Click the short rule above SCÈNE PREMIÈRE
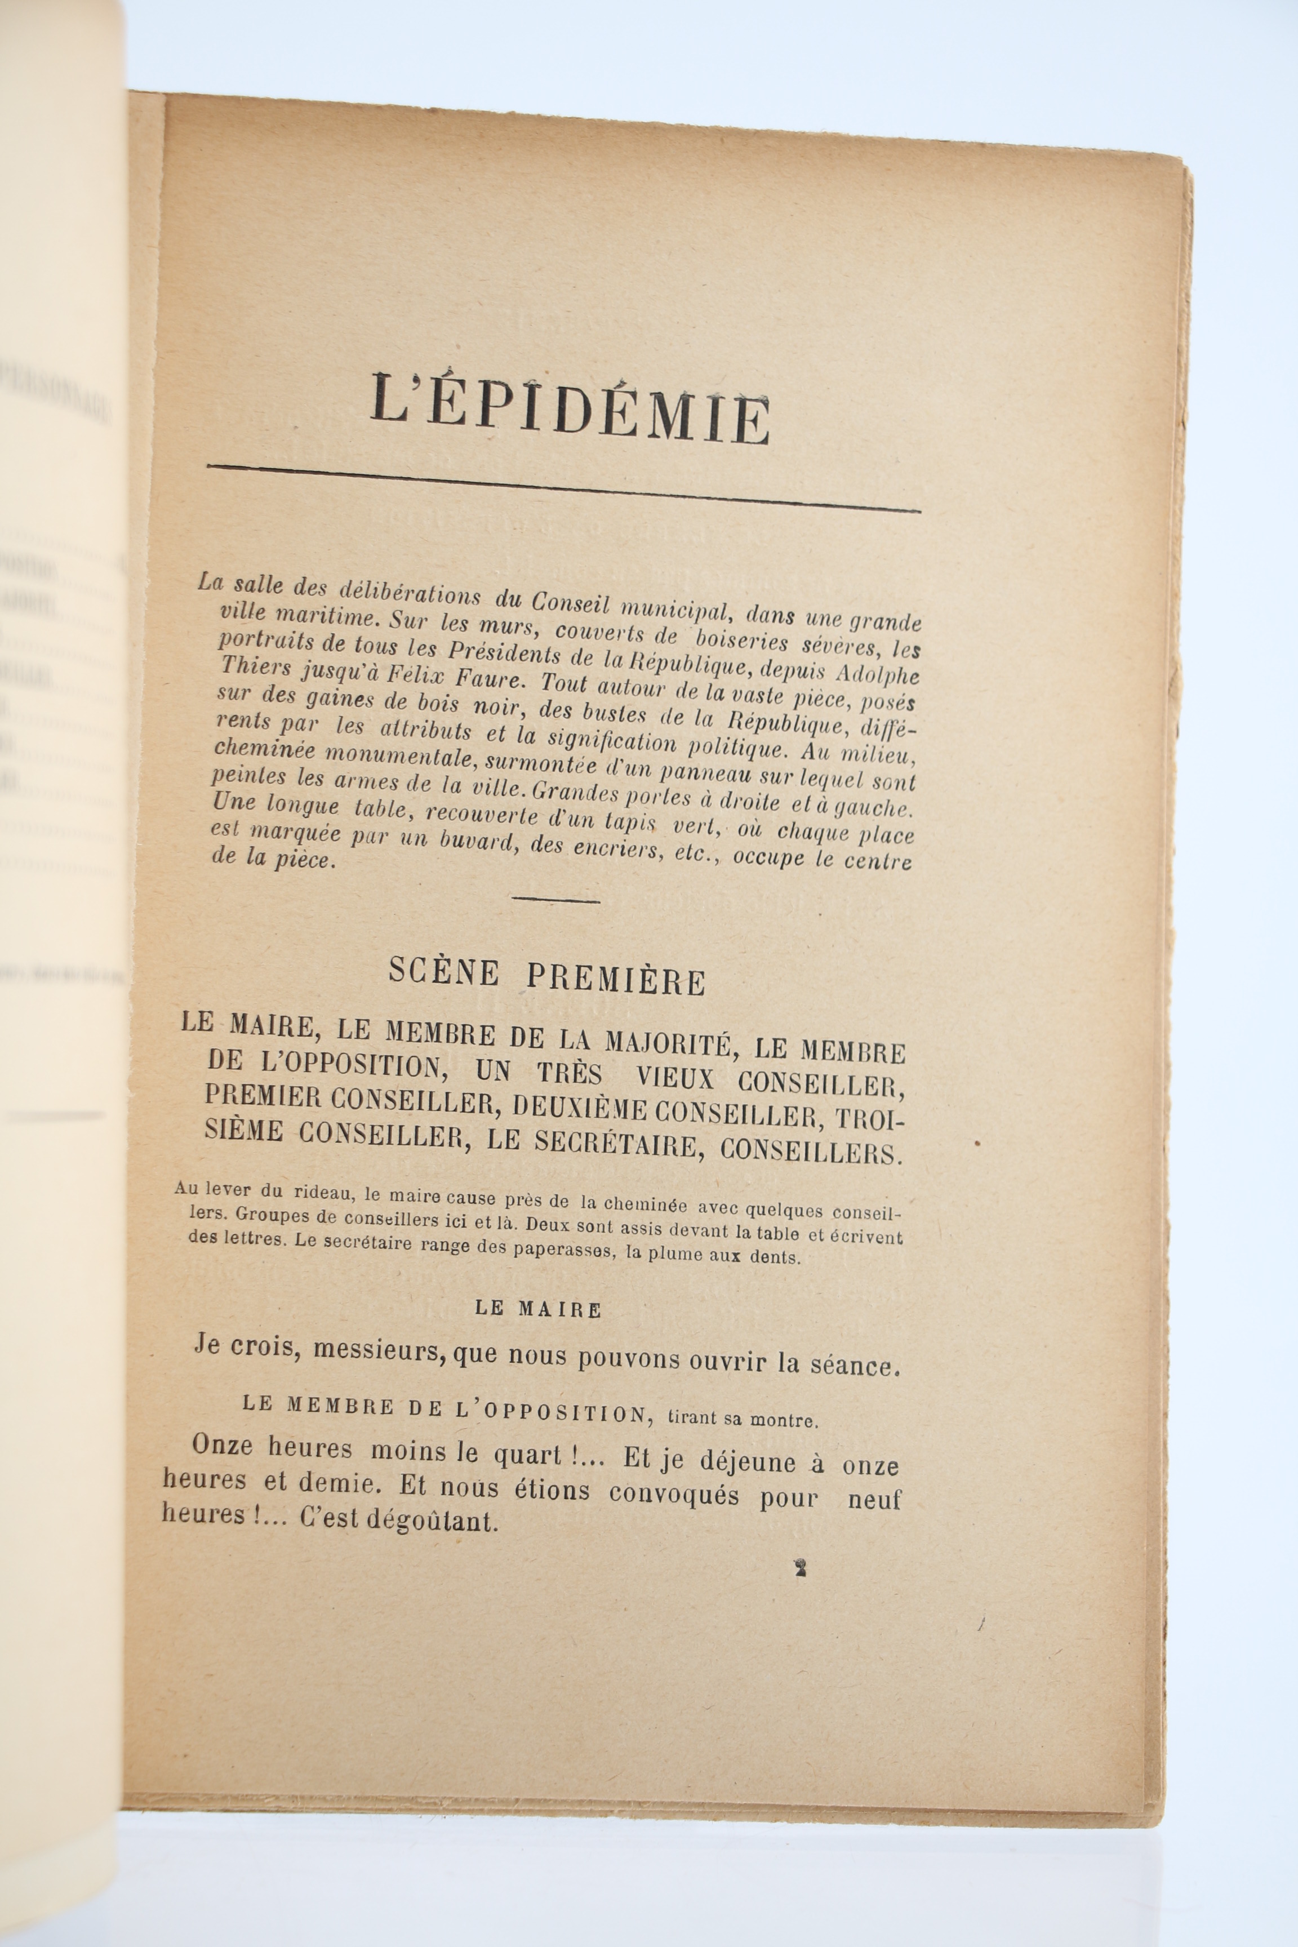pos(556,899)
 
